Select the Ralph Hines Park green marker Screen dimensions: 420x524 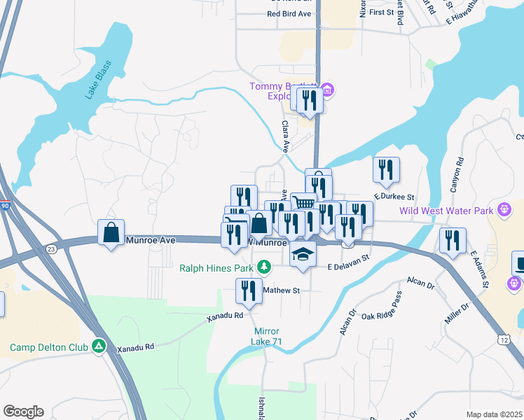(263, 267)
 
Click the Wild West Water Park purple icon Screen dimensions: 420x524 (503, 209)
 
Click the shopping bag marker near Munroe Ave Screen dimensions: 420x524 (111, 233)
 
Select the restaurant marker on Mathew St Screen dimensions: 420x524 (248, 290)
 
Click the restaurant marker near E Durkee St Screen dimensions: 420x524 (386, 169)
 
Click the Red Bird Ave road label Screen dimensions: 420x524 (289, 14)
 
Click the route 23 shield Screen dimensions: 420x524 (50, 248)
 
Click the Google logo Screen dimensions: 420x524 (23, 412)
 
